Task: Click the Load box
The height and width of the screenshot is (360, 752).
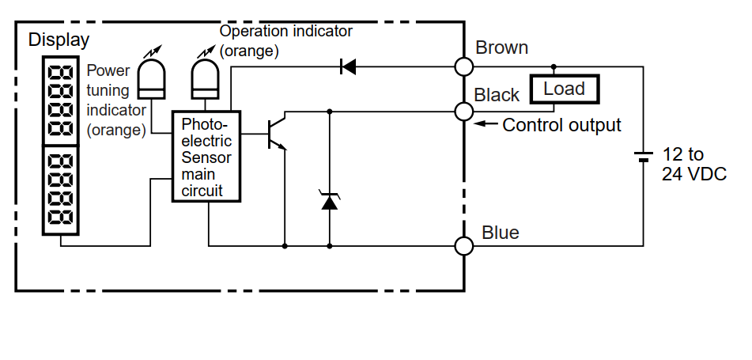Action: coord(564,89)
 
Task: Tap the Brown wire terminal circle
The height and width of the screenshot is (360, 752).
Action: coord(465,66)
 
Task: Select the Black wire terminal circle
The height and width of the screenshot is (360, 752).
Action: coord(465,112)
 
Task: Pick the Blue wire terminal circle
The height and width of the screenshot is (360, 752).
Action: coord(465,246)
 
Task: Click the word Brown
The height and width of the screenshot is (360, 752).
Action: coord(501,48)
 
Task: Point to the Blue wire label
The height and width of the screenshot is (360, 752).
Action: coord(501,233)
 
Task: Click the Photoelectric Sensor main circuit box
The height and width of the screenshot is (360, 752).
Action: coord(206,157)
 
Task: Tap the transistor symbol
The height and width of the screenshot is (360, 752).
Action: coord(277,134)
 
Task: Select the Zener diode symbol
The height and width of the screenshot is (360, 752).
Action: coord(330,201)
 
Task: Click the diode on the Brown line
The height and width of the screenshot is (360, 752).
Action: coord(347,66)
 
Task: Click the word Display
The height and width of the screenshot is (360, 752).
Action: coord(59,40)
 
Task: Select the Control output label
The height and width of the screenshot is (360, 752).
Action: coord(561,125)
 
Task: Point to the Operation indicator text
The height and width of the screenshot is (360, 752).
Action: coord(285,32)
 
